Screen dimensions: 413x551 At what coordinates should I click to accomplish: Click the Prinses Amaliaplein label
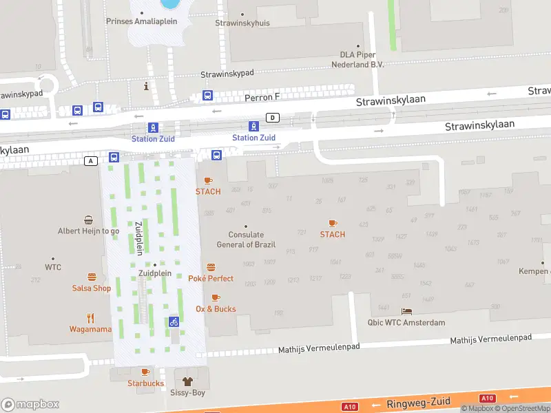tap(141, 21)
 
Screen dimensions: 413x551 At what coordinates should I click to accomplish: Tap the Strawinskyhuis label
tap(242, 23)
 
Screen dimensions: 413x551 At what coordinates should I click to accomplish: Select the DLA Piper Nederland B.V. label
tap(361, 59)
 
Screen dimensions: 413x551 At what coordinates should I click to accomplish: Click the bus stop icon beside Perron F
tap(207, 96)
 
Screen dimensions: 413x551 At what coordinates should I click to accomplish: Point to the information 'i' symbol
tap(145, 86)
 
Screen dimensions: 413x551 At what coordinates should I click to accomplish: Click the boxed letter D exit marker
tap(273, 118)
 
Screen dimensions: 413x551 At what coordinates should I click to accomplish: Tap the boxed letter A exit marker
tap(90, 160)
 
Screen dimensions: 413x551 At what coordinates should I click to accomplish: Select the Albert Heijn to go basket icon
tap(89, 220)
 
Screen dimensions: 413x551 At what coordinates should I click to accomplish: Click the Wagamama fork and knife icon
tap(90, 318)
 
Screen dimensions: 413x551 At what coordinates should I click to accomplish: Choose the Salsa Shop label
tap(91, 288)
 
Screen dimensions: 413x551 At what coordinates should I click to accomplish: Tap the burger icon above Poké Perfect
tap(211, 267)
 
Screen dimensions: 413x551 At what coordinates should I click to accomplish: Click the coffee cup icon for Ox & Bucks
tap(216, 297)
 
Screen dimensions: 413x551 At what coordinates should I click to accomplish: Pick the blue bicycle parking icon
tap(174, 321)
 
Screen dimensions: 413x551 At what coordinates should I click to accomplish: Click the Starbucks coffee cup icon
tap(145, 372)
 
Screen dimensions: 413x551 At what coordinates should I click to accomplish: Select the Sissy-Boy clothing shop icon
tap(186, 381)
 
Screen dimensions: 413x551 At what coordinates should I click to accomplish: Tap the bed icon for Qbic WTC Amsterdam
tap(406, 312)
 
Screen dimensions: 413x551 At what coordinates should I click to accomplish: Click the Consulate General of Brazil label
tap(246, 240)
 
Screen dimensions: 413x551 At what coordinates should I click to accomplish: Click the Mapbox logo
tap(30, 404)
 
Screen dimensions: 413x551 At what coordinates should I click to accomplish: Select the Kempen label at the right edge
tap(534, 271)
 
